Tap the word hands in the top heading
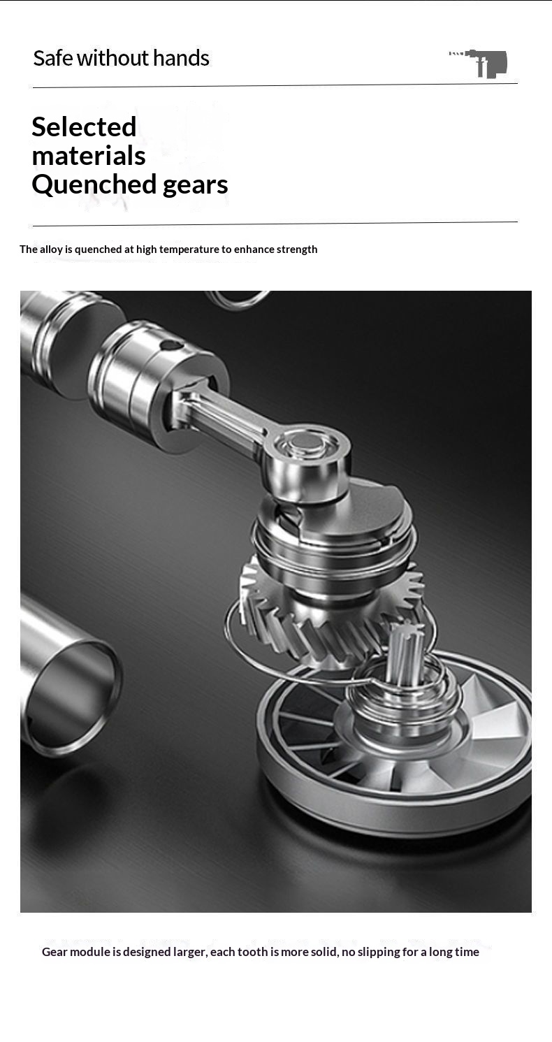181,58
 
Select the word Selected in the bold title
84,126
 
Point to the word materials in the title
88,155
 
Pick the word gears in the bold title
196,186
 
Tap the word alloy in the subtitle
51,249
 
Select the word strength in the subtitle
297,249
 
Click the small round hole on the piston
166,345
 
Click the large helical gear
331,614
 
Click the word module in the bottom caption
88,952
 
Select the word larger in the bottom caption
190,953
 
